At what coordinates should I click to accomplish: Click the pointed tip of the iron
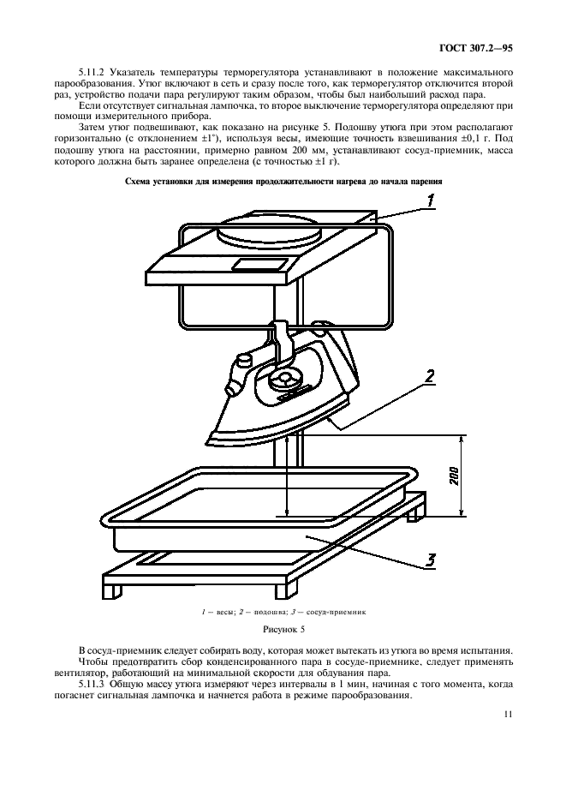tap(205, 441)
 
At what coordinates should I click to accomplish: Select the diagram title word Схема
tap(142, 181)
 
